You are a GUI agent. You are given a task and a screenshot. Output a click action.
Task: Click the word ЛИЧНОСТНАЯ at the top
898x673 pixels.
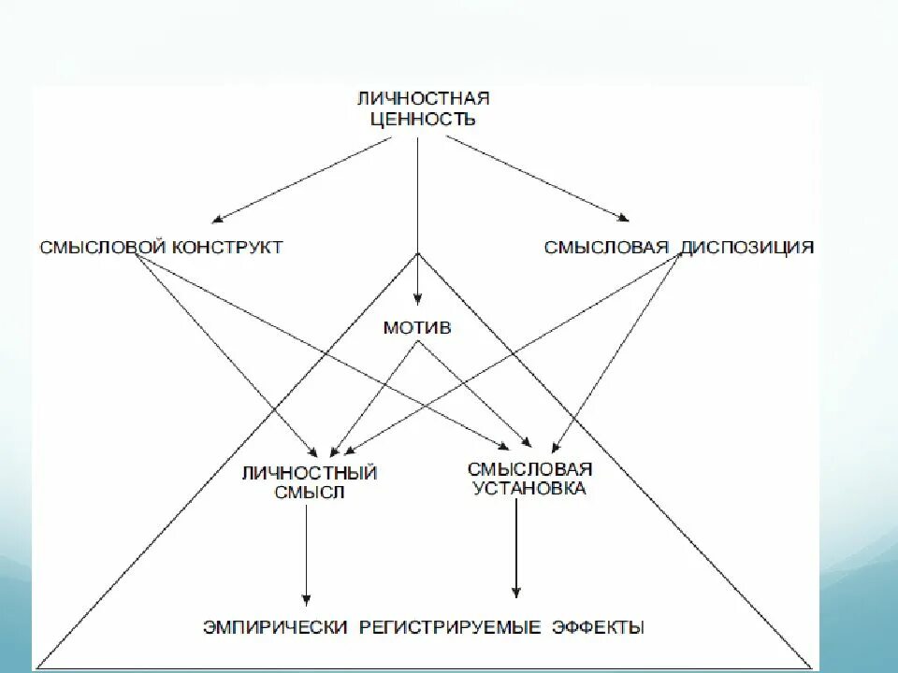point(423,98)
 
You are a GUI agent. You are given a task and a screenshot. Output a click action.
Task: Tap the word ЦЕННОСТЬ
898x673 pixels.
point(423,119)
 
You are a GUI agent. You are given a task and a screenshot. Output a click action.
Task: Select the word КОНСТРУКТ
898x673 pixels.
point(225,248)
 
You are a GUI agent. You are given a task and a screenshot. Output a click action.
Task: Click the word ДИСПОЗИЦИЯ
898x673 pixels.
point(747,248)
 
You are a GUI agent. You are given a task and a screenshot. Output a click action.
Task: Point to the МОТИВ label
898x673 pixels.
point(417,328)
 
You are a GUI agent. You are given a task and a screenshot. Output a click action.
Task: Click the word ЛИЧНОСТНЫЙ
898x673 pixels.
point(309,473)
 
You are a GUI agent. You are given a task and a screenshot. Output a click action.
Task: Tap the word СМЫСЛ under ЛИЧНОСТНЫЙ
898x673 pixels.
point(309,492)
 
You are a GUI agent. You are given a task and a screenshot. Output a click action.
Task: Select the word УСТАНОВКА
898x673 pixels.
point(529,488)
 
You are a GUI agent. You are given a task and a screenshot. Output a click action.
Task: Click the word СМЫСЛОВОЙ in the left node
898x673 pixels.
point(103,248)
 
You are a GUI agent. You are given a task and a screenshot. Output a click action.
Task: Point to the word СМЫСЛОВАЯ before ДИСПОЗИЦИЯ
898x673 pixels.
point(607,248)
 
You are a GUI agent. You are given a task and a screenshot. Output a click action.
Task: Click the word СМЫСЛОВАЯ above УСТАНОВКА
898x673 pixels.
point(529,468)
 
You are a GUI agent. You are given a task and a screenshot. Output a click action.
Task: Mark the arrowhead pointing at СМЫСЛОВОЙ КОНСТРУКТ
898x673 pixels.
point(217,220)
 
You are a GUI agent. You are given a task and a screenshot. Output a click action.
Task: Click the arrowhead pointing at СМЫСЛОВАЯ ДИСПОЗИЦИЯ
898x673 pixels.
point(622,220)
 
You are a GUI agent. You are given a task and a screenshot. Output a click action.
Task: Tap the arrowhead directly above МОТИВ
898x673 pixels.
point(417,311)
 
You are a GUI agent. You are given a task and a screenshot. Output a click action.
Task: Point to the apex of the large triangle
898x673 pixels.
point(417,252)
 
